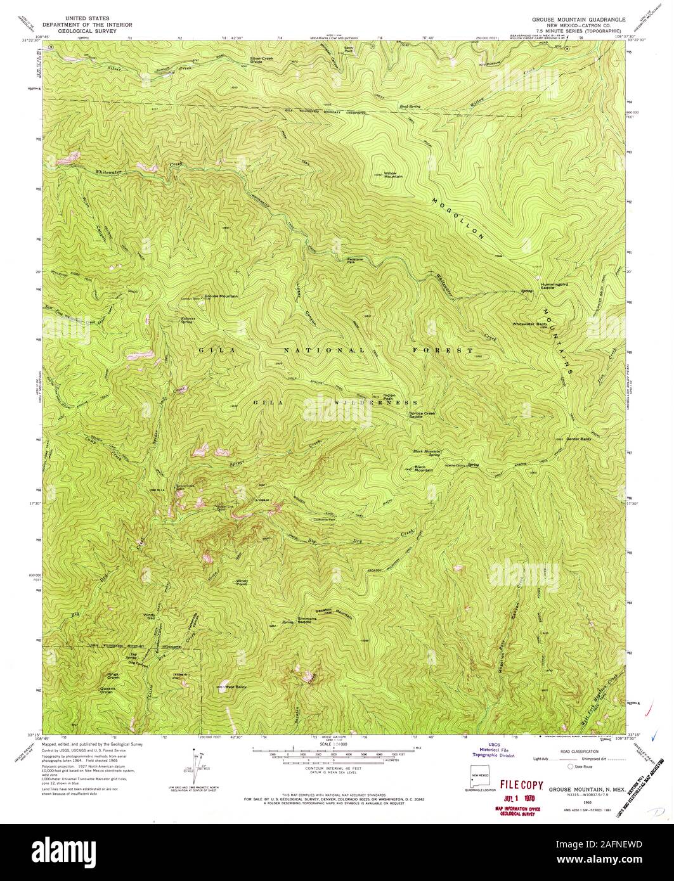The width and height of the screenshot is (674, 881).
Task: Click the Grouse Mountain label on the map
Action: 221,296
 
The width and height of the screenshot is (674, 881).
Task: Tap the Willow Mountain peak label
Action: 393,174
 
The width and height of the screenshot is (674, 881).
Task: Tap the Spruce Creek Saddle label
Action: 424,415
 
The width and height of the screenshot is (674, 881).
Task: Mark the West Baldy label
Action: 235,687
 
